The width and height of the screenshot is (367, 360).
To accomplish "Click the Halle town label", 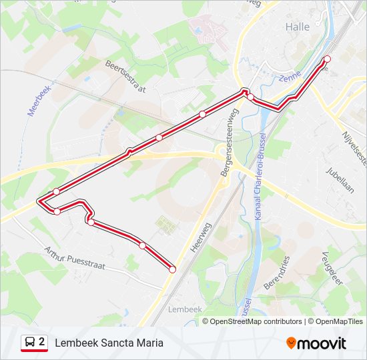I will click(x=298, y=27).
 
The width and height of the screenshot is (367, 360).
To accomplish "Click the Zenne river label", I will click(x=291, y=79).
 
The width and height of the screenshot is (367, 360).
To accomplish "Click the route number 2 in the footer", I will click(x=42, y=343).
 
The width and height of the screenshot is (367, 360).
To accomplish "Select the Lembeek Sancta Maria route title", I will click(x=109, y=343).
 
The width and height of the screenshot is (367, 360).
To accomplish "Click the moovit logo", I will click(x=316, y=343).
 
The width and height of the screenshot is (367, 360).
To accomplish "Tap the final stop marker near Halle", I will click(x=327, y=59).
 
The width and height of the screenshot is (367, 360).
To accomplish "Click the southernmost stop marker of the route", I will click(x=172, y=269).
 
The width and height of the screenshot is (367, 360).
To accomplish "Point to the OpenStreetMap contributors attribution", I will click(x=256, y=321).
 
